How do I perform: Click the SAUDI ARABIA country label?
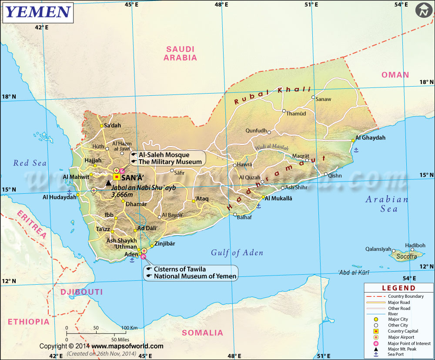click(181, 53)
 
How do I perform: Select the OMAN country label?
click(395, 75)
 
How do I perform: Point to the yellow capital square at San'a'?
click(117, 177)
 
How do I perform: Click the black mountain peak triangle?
click(108, 183)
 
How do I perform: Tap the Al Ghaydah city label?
click(371, 138)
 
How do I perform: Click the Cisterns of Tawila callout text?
click(180, 269)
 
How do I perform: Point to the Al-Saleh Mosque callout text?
click(164, 155)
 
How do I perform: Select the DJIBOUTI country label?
click(81, 292)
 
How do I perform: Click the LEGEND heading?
click(398, 288)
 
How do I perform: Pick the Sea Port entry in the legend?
click(395, 354)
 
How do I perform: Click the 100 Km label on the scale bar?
click(129, 328)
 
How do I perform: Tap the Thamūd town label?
click(296, 114)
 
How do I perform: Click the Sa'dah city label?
click(112, 125)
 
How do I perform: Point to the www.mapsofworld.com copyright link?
click(127, 346)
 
